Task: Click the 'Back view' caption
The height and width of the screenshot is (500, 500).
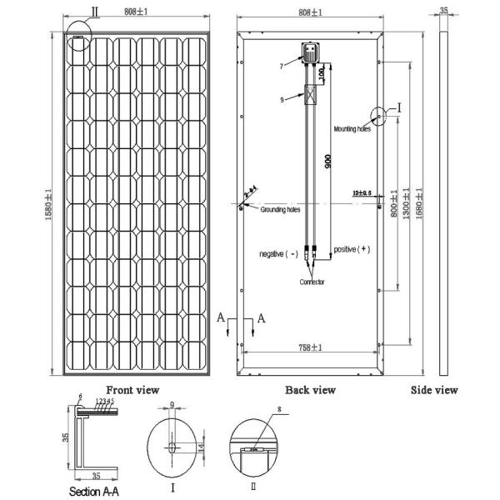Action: (310, 389)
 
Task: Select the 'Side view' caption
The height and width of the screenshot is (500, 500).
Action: (436, 389)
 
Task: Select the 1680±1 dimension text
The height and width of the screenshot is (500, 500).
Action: (418, 200)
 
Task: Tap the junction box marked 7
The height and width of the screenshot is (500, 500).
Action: (311, 54)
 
